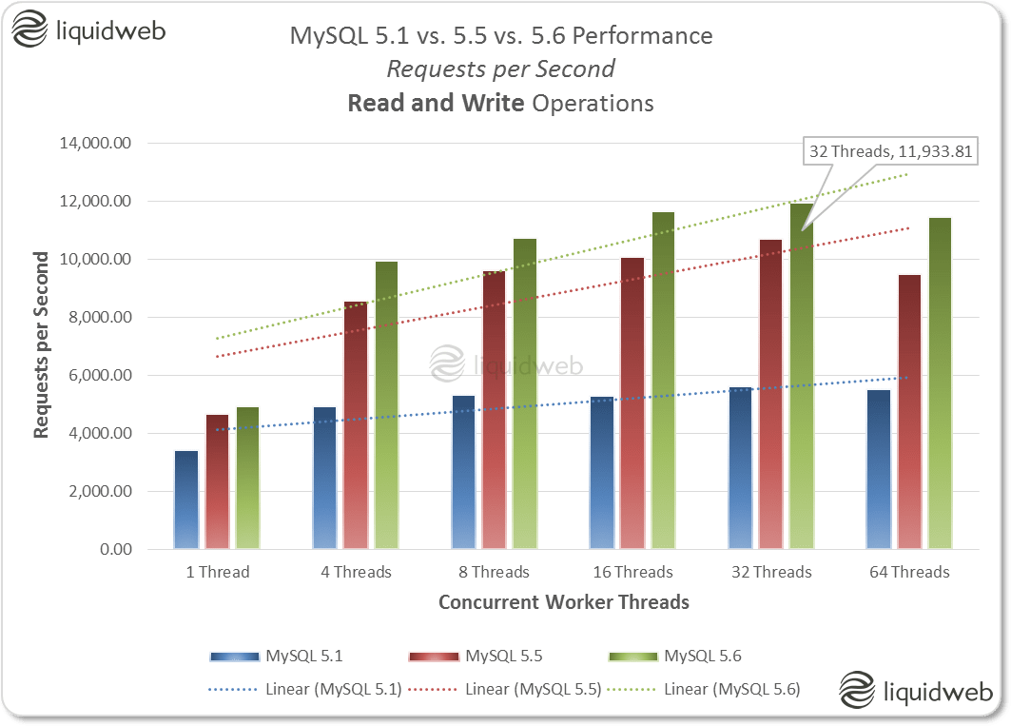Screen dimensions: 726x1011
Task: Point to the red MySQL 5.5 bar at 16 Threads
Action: point(632,403)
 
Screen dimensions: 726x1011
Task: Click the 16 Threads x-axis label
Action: point(632,572)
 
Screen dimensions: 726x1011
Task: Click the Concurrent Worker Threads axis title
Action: point(563,602)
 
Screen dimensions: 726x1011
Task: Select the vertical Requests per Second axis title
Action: point(42,345)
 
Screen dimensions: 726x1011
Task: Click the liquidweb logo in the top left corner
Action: point(89,31)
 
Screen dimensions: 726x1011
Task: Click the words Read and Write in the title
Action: point(437,103)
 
